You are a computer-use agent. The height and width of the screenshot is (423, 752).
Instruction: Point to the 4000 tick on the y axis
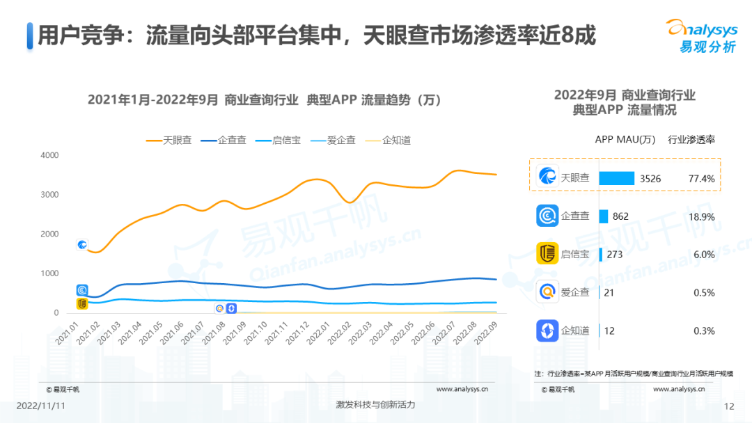[x=48, y=155]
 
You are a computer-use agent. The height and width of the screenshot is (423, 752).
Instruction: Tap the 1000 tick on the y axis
[x=48, y=273]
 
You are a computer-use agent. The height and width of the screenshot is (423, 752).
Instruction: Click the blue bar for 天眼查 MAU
[x=616, y=179]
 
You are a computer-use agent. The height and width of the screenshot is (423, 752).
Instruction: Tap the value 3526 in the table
[x=650, y=179]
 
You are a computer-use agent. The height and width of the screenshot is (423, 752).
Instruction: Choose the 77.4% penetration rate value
[x=701, y=179]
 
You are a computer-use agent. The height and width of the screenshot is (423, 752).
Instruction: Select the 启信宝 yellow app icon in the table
[x=547, y=254]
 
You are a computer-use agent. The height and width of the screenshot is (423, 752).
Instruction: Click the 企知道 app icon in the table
[x=547, y=330]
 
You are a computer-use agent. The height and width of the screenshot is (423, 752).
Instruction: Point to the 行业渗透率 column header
[x=691, y=139]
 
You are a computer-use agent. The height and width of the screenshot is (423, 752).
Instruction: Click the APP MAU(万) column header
[x=625, y=139]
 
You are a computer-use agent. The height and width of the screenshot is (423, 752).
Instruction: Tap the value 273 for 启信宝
[x=614, y=255]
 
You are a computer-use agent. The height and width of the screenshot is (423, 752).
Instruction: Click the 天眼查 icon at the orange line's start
[x=82, y=245]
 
